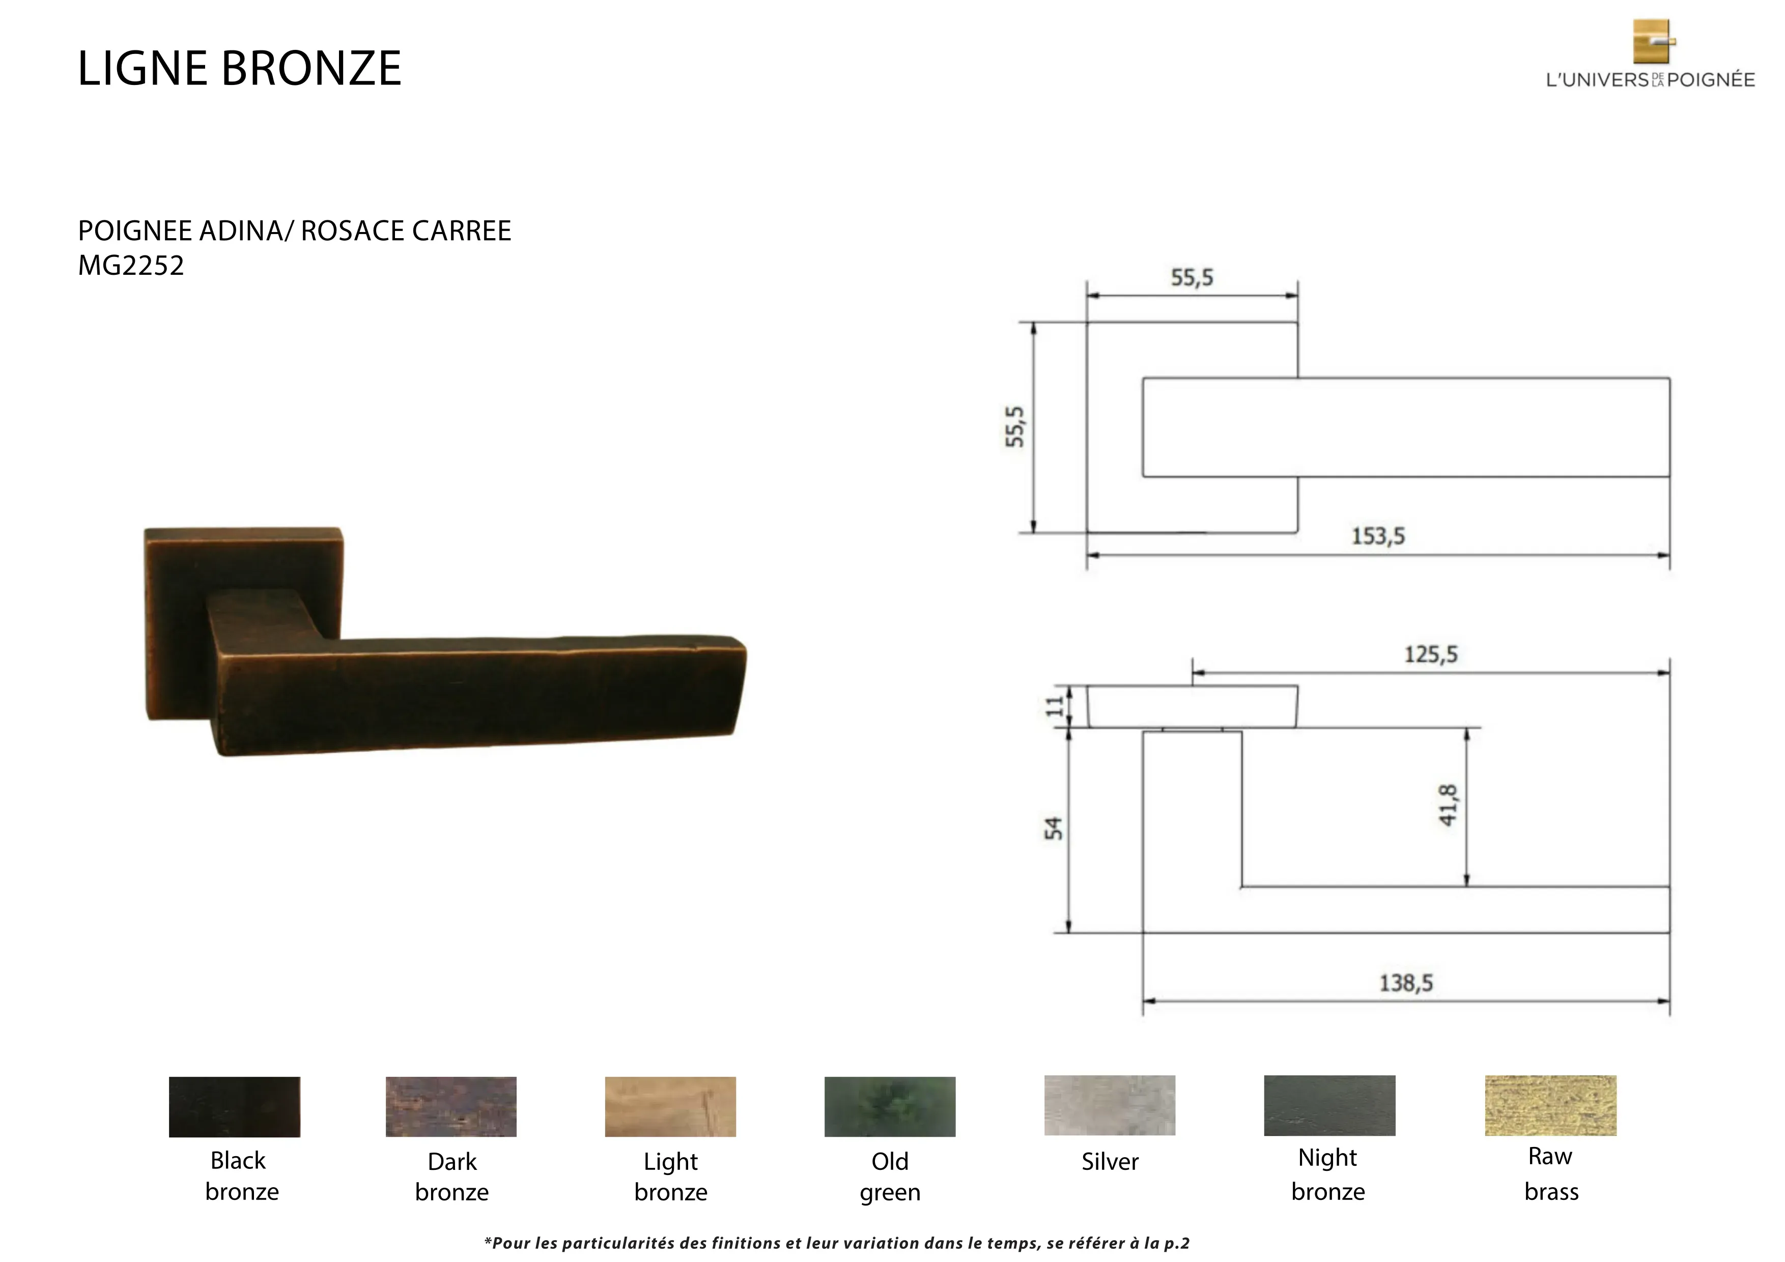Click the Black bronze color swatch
(x=234, y=1107)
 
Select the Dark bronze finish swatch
(x=451, y=1107)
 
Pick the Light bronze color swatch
(x=670, y=1107)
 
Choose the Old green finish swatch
(x=889, y=1107)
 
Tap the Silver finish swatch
(x=1110, y=1105)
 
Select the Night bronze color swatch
(x=1329, y=1105)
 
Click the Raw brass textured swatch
(x=1550, y=1105)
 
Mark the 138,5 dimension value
(x=1406, y=983)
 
